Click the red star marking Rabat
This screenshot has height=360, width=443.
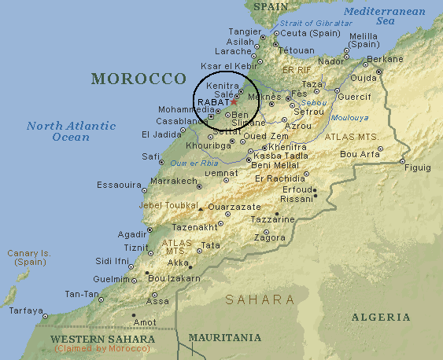tap(233, 102)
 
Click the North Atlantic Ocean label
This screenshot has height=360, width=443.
tap(71, 131)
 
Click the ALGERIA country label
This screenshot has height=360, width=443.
tap(381, 317)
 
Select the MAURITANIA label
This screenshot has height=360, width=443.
tap(224, 338)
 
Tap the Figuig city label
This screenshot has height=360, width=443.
tap(417, 167)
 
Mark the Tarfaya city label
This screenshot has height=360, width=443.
tap(25, 310)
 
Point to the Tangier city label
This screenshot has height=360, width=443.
tap(245, 31)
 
